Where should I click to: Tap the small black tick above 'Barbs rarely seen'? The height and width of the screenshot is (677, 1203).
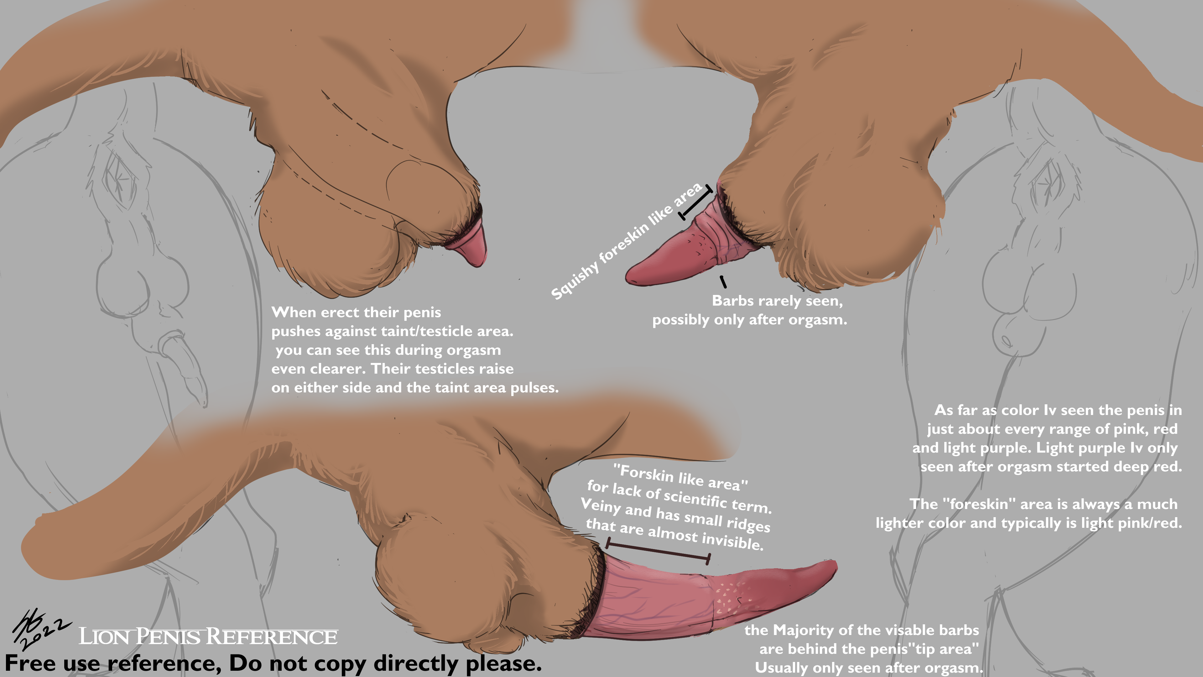[x=723, y=282]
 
